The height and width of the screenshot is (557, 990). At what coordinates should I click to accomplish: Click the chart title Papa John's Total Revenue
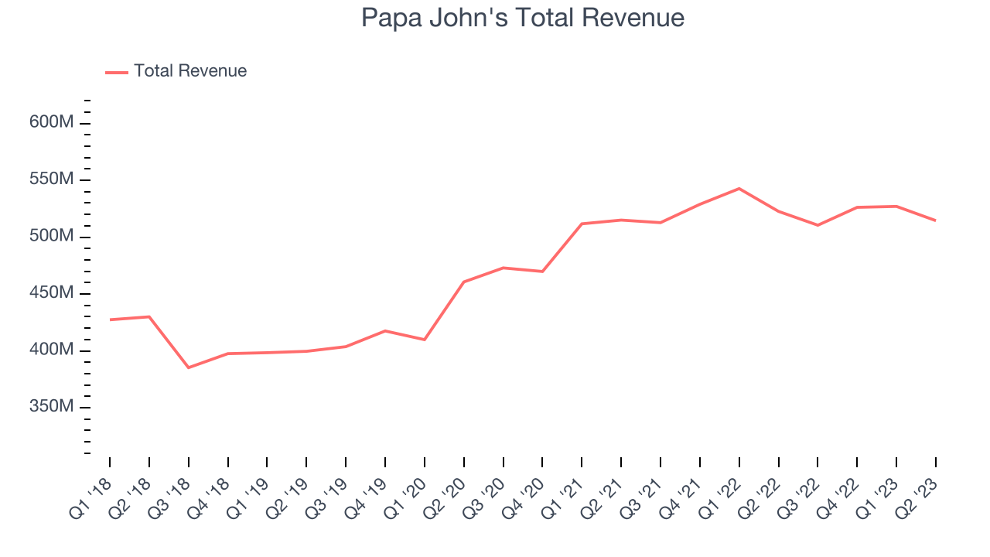523,17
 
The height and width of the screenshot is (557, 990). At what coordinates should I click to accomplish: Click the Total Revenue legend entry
189,71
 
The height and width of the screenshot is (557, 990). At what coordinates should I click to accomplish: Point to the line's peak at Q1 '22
739,189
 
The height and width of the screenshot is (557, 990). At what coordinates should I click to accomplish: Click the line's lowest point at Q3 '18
189,367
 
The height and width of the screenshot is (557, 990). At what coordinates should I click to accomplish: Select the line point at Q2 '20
464,282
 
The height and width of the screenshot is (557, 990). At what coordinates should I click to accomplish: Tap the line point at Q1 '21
582,224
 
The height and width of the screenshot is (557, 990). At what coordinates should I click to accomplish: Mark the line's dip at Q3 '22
818,225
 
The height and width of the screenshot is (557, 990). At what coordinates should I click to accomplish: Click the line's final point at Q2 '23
935,220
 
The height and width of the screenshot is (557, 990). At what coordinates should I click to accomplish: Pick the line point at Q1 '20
425,340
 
